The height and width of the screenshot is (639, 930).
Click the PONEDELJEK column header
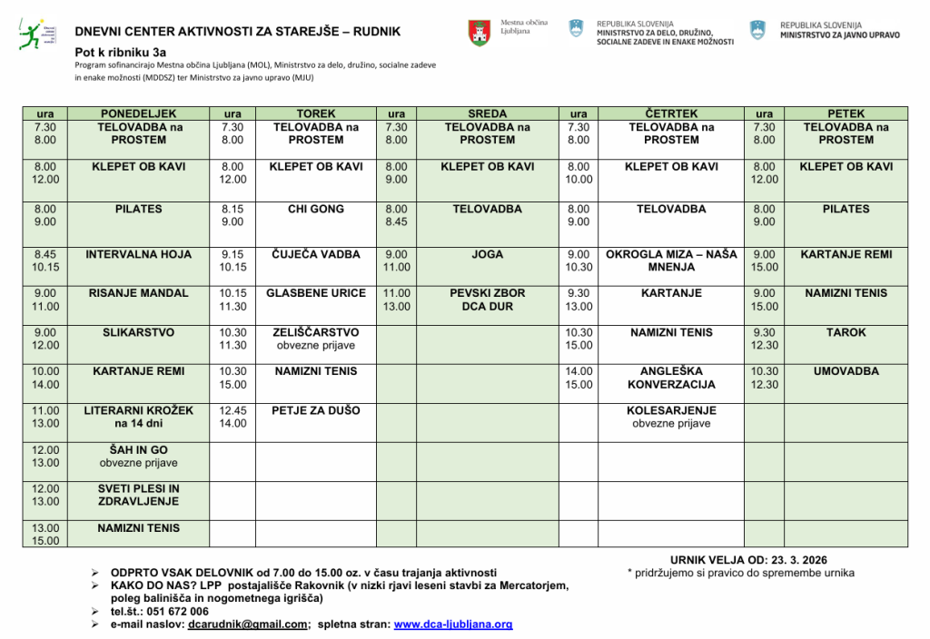(x=139, y=113)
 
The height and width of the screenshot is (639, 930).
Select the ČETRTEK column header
(x=671, y=113)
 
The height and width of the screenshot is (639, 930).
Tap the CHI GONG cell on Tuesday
(x=316, y=210)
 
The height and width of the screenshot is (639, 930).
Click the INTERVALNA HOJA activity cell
(x=139, y=255)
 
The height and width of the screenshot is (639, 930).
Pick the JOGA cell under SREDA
(x=487, y=255)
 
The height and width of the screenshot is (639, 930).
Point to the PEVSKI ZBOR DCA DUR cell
(x=487, y=300)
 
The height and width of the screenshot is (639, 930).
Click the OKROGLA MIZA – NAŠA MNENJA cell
(x=671, y=261)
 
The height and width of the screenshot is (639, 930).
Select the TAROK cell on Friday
(x=846, y=333)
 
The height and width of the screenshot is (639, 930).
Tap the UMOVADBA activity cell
(x=846, y=371)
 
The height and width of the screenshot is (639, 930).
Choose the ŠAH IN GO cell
(x=139, y=457)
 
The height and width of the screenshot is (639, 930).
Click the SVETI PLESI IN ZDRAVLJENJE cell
(x=139, y=495)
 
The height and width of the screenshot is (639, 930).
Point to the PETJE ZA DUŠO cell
(x=316, y=410)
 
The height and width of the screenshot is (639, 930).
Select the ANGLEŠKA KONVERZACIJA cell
(x=671, y=378)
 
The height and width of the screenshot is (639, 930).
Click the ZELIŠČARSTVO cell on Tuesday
(x=316, y=339)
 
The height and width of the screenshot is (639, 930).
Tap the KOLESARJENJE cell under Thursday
(x=671, y=417)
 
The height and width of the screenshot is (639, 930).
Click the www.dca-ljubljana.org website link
(x=453, y=624)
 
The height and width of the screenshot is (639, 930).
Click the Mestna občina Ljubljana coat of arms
(x=480, y=34)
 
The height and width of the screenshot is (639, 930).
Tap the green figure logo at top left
(x=28, y=34)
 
